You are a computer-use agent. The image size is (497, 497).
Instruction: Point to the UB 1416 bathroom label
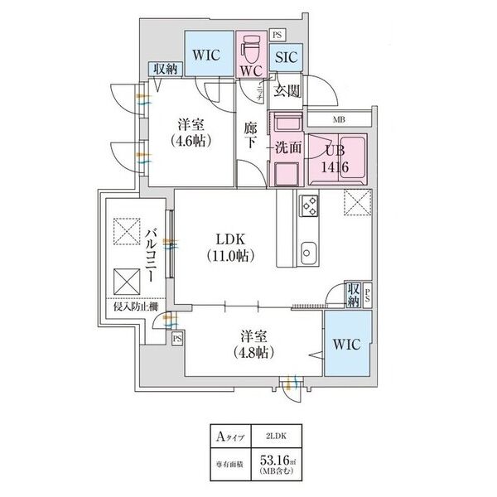[335, 158]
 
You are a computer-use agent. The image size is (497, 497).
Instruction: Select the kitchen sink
[310, 250]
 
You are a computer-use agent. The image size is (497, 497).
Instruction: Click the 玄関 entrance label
[287, 90]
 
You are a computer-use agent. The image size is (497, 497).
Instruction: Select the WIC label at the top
[207, 55]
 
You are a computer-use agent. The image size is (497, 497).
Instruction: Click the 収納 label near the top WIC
[163, 69]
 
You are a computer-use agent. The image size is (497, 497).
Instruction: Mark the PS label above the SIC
[277, 35]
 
